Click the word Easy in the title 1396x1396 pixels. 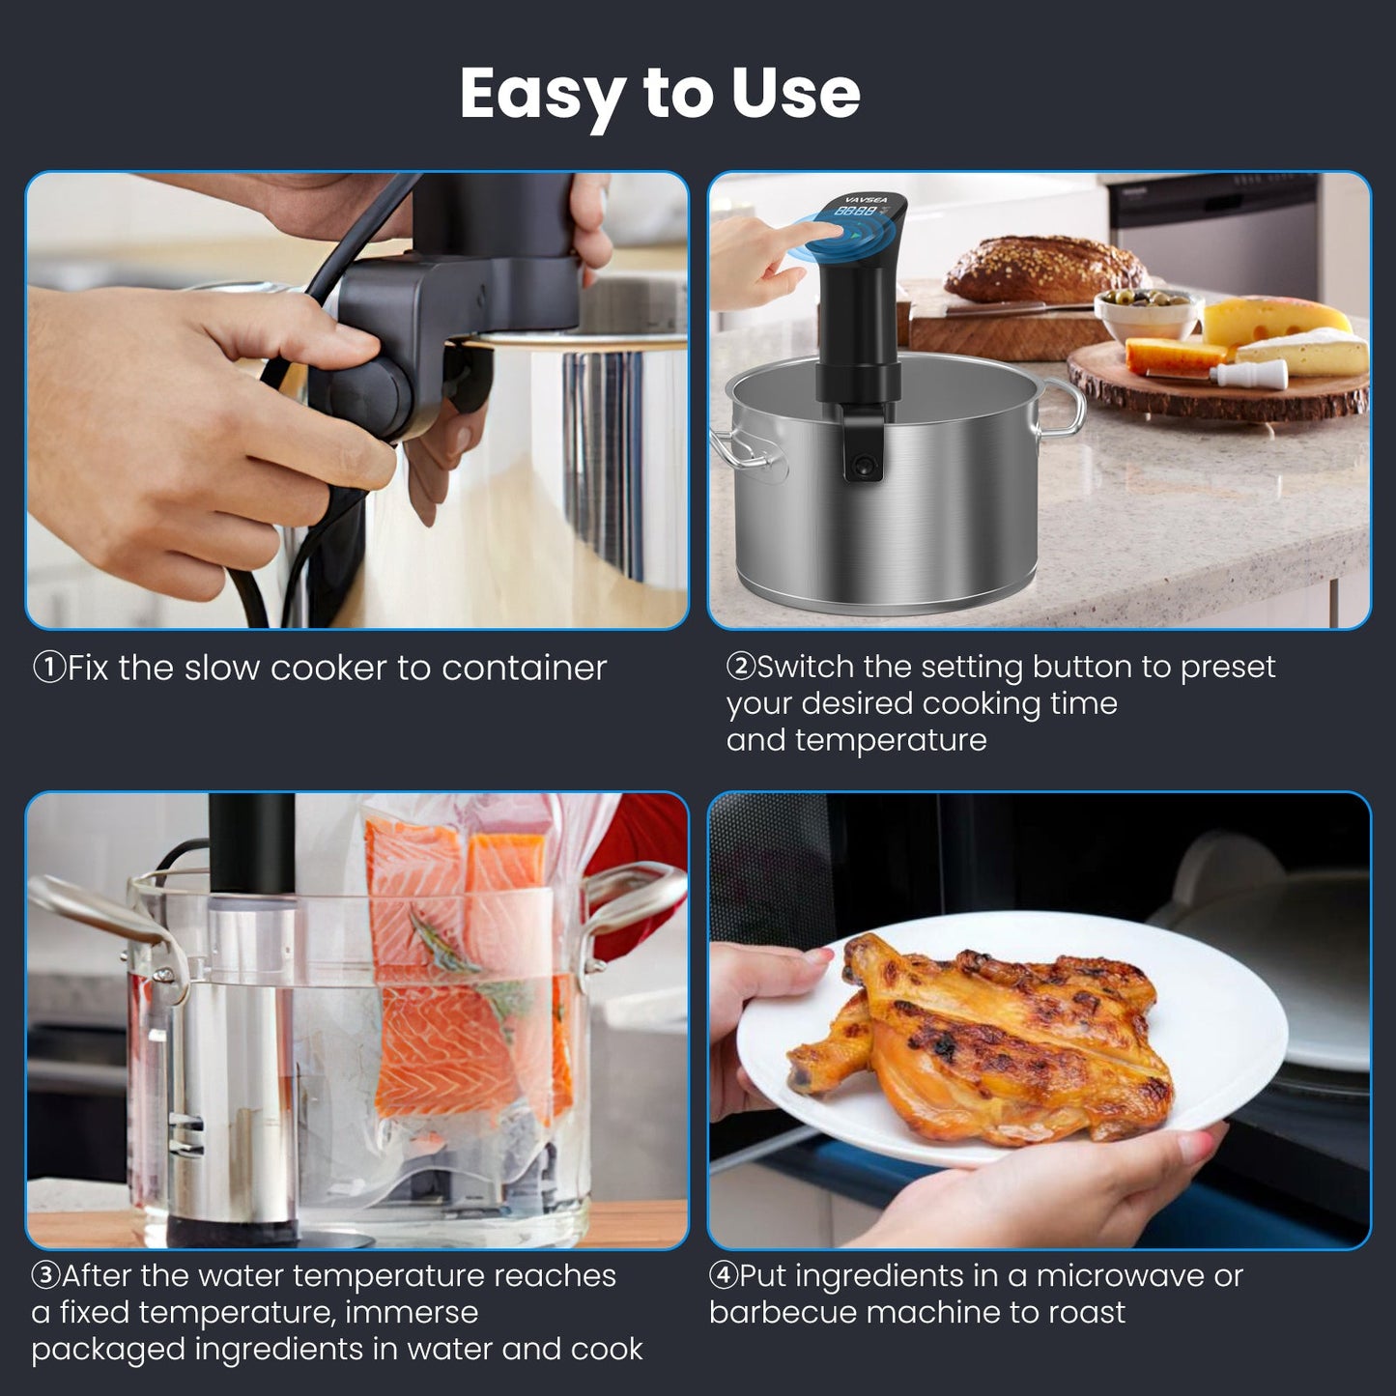pos(542,95)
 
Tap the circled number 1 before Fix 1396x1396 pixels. pos(48,668)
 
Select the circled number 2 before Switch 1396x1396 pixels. pos(740,667)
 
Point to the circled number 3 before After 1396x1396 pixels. pos(45,1275)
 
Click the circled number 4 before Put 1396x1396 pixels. pos(724,1275)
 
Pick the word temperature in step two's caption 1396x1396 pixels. pos(890,740)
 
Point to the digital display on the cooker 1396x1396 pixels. pos(857,211)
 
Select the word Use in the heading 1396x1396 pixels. pos(795,95)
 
